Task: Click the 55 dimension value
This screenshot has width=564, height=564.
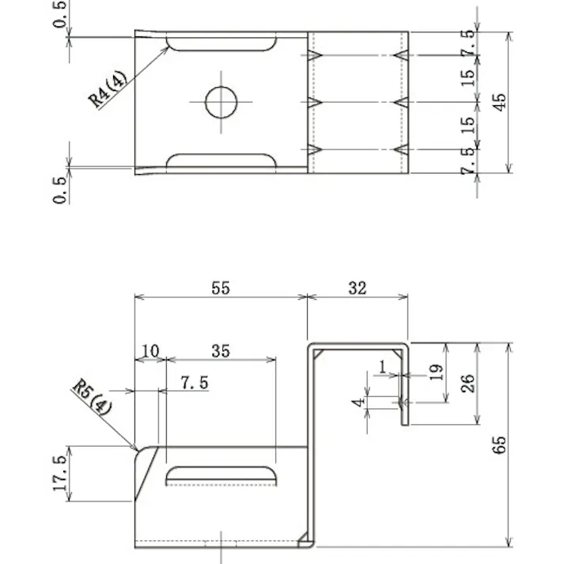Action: (220, 288)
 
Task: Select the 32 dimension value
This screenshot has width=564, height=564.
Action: (357, 288)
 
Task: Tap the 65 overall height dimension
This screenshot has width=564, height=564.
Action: (498, 445)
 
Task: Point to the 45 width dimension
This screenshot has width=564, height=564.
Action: (498, 102)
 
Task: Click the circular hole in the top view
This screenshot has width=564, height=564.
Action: (221, 102)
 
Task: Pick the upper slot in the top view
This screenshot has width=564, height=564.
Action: (221, 43)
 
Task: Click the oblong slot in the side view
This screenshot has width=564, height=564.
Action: (221, 475)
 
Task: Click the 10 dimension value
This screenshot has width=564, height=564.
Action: (150, 350)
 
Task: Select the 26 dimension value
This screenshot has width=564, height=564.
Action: (467, 384)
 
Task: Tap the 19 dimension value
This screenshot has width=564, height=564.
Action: (437, 372)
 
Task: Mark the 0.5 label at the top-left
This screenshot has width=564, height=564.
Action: (60, 14)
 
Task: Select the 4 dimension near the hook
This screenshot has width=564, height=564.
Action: (360, 403)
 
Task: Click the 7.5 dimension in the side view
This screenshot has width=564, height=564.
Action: (194, 383)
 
